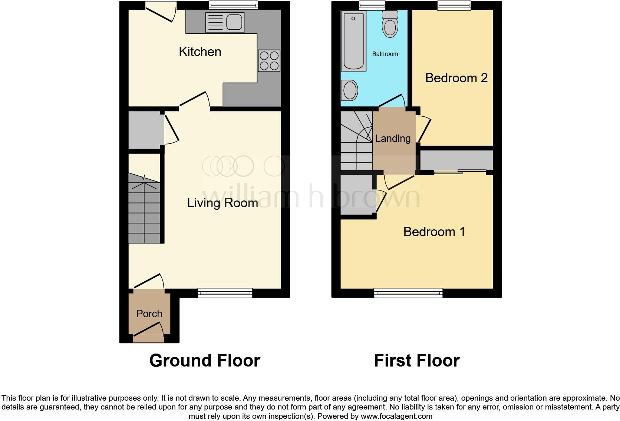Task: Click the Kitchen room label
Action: [200, 52]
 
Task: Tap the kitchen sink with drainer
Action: [225, 22]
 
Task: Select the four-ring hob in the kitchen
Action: [269, 60]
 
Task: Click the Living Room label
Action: [222, 203]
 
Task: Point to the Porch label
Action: [149, 314]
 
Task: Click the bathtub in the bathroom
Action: [353, 40]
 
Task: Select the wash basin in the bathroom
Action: [350, 90]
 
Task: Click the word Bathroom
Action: [385, 54]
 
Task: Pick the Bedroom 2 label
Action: [456, 78]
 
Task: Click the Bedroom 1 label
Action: [434, 232]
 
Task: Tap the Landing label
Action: [393, 139]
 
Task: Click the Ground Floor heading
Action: [205, 361]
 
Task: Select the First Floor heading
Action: [416, 361]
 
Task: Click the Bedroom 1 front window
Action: [408, 293]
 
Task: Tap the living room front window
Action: [225, 293]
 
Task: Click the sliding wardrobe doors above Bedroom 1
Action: [460, 172]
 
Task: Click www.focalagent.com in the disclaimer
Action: [396, 416]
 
